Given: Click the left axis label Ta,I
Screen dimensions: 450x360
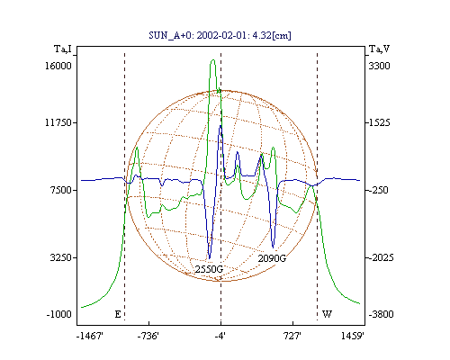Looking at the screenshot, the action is (x=63, y=49).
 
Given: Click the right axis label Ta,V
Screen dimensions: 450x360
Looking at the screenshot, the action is (x=379, y=49).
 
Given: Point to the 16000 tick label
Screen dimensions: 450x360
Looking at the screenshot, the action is (x=58, y=66).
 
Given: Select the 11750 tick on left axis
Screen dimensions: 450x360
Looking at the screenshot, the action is (x=58, y=122).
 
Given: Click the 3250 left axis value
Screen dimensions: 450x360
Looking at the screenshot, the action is (x=61, y=257).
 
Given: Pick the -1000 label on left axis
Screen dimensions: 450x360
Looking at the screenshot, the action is (x=59, y=314).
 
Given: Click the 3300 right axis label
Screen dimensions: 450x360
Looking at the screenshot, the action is (x=379, y=66).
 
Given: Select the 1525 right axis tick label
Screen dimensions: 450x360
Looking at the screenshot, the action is (x=379, y=122).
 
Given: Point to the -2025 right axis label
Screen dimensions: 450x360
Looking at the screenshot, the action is (x=381, y=257).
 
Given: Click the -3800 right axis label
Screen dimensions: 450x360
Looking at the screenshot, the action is (x=381, y=314).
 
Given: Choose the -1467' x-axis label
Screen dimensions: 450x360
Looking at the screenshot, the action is (x=90, y=336).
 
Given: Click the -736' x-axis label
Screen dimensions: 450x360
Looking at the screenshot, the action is (x=148, y=336).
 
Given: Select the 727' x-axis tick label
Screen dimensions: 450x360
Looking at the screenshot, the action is (x=292, y=336).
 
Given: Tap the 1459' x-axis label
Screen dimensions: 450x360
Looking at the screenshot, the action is (x=353, y=336).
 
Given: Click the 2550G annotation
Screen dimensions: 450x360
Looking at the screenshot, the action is (x=209, y=269).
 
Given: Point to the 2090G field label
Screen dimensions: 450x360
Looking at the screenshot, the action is (x=272, y=258).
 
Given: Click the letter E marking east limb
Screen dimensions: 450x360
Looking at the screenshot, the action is (x=118, y=314).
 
